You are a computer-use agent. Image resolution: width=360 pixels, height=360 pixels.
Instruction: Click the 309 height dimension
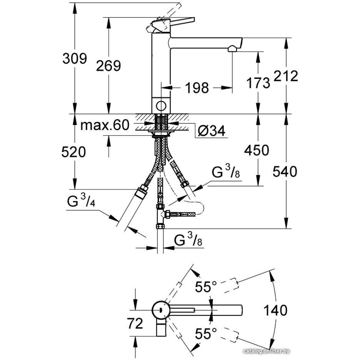click(x=75, y=58)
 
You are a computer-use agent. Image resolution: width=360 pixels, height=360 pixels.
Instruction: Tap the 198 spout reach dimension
click(x=197, y=87)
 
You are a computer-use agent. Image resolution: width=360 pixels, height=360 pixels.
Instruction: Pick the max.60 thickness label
click(x=104, y=125)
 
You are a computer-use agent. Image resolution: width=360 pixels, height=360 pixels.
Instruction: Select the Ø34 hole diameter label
click(x=212, y=131)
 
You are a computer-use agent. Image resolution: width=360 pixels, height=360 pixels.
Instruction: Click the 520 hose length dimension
click(x=75, y=152)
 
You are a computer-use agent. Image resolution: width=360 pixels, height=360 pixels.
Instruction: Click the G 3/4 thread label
click(x=81, y=202)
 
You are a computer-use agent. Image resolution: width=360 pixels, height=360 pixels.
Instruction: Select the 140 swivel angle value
click(x=275, y=310)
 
